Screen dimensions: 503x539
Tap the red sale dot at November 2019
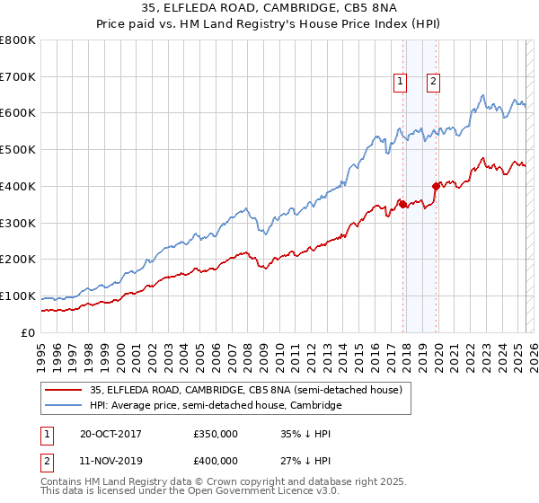point(436,186)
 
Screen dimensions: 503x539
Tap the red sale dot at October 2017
point(402,204)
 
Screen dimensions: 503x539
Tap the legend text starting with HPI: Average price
point(216,406)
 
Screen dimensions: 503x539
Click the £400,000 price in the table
point(215,461)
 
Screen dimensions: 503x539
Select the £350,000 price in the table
point(215,434)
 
